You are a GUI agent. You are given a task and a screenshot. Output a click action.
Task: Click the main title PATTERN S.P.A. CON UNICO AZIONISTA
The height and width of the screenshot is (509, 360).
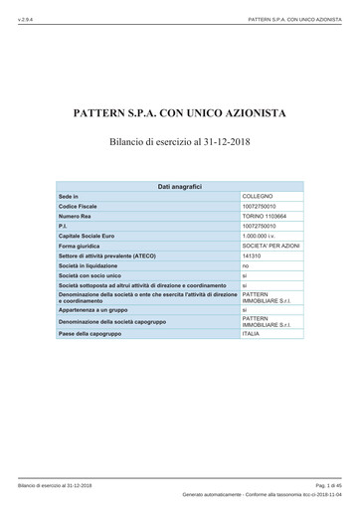click(x=180, y=113)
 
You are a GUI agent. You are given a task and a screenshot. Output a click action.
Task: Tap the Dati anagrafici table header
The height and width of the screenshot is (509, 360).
click(x=180, y=186)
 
